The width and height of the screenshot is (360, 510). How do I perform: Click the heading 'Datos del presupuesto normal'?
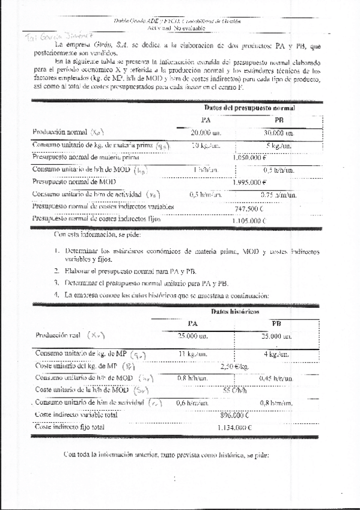pyautogui.click(x=249, y=108)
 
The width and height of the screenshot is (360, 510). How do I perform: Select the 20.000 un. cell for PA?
pyautogui.click(x=206, y=132)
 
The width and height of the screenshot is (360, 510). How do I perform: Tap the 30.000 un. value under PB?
pyautogui.click(x=277, y=132)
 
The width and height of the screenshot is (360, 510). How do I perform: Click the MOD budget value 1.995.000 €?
pyautogui.click(x=249, y=182)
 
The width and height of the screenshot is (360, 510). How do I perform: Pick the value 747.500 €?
pyautogui.click(x=248, y=207)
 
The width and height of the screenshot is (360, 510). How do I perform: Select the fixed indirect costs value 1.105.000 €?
pyautogui.click(x=248, y=221)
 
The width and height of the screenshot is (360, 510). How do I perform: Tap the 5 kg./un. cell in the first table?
pyautogui.click(x=279, y=145)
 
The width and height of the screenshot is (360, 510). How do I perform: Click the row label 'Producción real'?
pyautogui.click(x=58, y=334)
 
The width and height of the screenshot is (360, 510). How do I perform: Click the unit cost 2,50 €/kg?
pyautogui.click(x=234, y=366)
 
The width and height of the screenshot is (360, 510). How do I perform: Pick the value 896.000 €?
pyautogui.click(x=234, y=415)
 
